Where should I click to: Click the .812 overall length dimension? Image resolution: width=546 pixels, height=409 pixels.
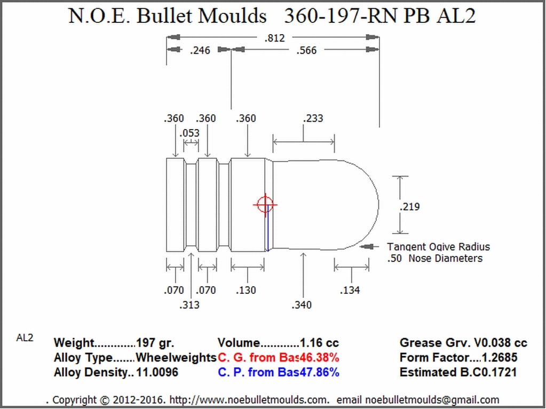coord(275,37)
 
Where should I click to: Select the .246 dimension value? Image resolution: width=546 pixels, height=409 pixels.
coord(200,51)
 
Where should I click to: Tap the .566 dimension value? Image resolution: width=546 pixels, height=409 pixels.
coord(306,51)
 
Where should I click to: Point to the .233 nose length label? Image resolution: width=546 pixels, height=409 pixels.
coord(313,118)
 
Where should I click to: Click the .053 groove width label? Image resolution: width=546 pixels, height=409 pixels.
coord(189,133)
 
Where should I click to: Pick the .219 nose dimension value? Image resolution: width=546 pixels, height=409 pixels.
coord(409,206)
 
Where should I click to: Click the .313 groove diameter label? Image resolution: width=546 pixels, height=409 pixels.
coord(189,305)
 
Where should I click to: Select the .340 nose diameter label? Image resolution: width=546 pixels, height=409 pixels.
coord(302,305)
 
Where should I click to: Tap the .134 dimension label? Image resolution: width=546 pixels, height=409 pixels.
coord(350,290)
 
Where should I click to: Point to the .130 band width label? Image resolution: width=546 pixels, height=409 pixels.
coord(246,290)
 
